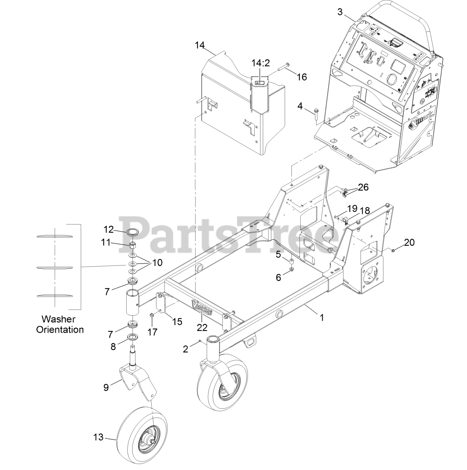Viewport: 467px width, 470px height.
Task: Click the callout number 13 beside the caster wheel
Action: coord(98,437)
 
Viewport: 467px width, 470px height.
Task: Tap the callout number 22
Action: coord(202,327)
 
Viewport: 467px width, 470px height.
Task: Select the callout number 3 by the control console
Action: coord(340,11)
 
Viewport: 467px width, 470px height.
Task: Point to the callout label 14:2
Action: coord(260,63)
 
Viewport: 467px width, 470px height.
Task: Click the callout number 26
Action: coord(363,187)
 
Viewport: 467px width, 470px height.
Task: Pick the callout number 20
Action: coord(409,242)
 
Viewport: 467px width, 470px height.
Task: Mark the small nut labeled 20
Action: coord(393,250)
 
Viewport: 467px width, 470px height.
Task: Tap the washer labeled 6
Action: coord(291,270)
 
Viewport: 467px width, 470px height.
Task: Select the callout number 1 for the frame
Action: coord(322,318)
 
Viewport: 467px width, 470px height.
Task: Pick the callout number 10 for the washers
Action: coord(158,263)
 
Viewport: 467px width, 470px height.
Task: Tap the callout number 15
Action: coord(177,321)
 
